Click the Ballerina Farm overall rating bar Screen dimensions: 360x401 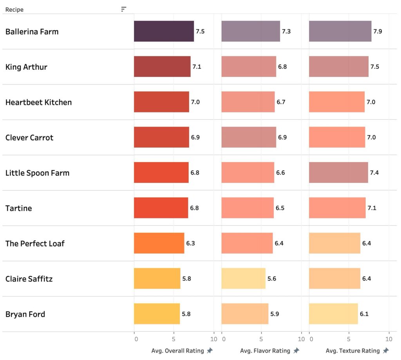tap(164, 31)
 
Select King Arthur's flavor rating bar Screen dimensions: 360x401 tap(249, 67)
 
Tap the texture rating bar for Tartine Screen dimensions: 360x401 tap(337, 208)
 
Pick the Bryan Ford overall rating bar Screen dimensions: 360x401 tap(157, 314)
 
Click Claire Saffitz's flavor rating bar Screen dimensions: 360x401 tap(243, 279)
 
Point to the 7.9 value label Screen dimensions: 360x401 tap(378, 31)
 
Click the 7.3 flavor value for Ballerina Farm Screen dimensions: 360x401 tap(286, 31)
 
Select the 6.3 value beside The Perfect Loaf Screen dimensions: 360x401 tap(191, 243)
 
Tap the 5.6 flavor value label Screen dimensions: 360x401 tap(272, 279)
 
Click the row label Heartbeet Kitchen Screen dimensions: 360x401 tap(38, 102)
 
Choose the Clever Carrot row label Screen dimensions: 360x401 tap(29, 137)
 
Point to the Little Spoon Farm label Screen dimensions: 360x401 tap(37, 173)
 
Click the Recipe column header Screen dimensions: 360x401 tap(14, 9)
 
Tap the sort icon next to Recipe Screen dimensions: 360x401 tap(124, 9)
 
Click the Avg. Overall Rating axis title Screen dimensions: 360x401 tap(177, 351)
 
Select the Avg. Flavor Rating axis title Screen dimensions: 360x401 tap(265, 351)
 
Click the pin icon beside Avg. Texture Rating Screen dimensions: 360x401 tap(386, 351)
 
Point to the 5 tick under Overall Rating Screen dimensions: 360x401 tap(173, 338)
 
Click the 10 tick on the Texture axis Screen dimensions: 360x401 tap(389, 338)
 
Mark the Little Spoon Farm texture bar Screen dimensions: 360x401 tap(338, 173)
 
